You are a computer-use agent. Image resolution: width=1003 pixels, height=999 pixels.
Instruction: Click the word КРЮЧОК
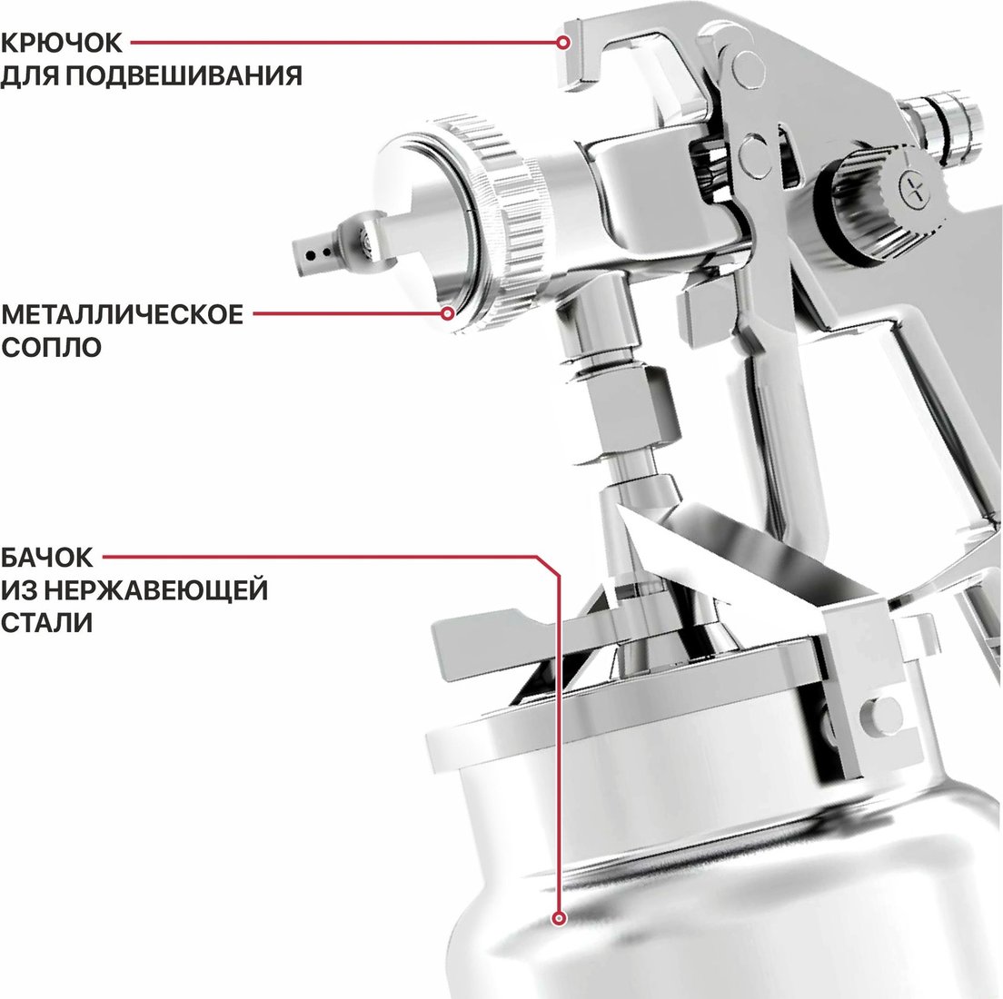[x=61, y=43]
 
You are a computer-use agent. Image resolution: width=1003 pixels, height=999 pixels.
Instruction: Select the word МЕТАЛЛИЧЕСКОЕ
[x=122, y=314]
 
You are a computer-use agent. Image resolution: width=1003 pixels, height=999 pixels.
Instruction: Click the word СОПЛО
[x=51, y=347]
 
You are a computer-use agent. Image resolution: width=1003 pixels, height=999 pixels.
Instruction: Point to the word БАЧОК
[x=46, y=558]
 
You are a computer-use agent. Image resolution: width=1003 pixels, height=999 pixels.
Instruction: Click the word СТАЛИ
[x=46, y=622]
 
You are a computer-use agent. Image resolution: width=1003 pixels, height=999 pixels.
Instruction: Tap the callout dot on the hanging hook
[x=563, y=43]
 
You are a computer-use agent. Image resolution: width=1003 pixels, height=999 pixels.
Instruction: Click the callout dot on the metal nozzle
[x=449, y=313]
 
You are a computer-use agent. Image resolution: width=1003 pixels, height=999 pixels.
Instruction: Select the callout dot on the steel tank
[x=560, y=918]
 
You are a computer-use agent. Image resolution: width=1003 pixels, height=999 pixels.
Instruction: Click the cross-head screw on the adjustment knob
[x=913, y=190]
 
